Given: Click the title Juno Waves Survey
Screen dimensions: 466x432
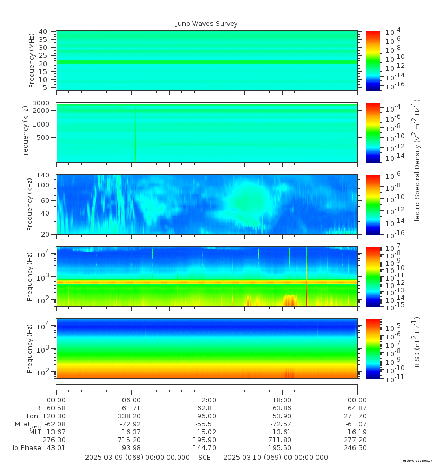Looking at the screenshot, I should click(207, 24).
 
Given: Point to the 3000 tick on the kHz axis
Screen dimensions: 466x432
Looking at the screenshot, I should click(42, 103).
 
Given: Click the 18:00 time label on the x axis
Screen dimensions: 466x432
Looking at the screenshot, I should click(282, 400).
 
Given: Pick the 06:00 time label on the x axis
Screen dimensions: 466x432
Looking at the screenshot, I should click(131, 400).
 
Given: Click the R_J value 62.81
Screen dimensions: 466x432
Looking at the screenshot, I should click(207, 408).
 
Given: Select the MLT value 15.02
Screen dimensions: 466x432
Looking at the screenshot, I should click(207, 432).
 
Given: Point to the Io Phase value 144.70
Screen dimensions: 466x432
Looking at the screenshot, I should click(207, 448).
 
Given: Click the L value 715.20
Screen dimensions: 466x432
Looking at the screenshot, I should click(131, 440).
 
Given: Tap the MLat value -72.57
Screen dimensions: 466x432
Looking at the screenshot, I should click(282, 424).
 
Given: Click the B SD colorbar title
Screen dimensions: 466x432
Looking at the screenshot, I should click(417, 343).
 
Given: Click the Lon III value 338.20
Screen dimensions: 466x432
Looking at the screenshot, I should click(131, 416).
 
